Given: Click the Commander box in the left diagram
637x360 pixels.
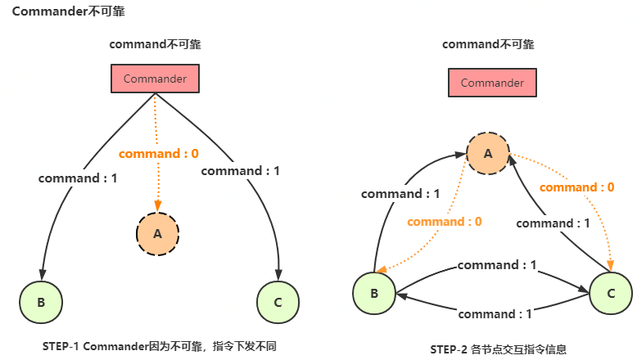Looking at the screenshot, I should [155, 79].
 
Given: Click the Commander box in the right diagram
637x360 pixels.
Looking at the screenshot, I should [492, 83].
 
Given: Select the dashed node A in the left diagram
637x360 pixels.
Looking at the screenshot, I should [158, 232].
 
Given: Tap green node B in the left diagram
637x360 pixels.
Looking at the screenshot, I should [41, 303].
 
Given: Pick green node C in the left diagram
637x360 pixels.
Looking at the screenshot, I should [278, 303].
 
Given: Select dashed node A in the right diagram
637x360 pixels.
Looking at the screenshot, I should [488, 153].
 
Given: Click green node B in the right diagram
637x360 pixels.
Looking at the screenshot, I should [374, 293].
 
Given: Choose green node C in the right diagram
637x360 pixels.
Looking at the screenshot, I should [611, 293].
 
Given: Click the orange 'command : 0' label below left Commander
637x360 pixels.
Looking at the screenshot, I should [159, 153].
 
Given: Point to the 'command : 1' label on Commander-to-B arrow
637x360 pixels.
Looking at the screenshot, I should [78, 178].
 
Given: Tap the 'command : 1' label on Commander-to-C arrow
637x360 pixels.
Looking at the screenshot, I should [240, 171].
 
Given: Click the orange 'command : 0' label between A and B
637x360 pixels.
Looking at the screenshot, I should [444, 221].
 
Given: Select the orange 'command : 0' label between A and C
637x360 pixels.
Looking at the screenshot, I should [577, 187].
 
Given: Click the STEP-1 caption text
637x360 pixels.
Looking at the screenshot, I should [159, 347].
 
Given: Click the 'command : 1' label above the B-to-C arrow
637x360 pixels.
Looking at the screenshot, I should [497, 265].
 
